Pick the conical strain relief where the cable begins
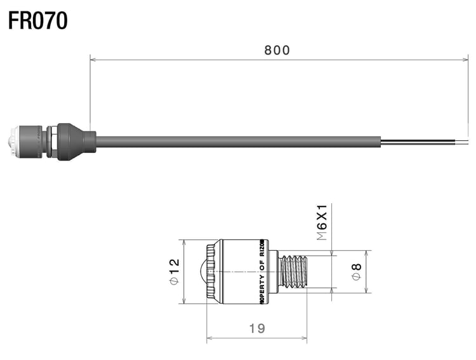coord(79,141)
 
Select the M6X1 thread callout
coord(322,222)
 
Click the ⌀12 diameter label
coord(173,271)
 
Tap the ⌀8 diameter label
coord(357,271)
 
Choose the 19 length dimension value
coord(257,328)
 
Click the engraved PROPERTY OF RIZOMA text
coord(262,271)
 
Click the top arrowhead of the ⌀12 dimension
coord(184,242)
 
